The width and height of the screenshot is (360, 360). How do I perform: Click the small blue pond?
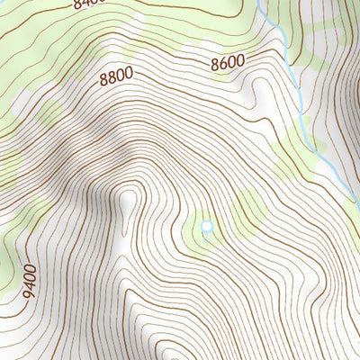tap(207, 227)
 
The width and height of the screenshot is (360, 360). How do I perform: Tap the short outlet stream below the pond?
tap(207, 238)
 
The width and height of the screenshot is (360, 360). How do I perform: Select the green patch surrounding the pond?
tap(196, 234)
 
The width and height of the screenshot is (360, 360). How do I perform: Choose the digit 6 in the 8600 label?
tap(222, 65)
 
